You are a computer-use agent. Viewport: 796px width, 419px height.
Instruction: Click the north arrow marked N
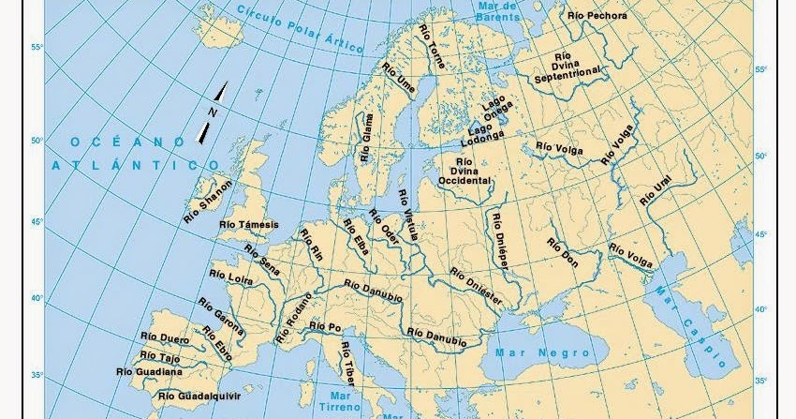(x=213, y=112)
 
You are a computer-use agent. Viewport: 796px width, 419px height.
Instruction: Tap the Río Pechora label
(x=597, y=15)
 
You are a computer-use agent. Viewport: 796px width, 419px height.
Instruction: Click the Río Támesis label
(x=247, y=225)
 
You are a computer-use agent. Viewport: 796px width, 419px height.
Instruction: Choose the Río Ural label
(x=656, y=189)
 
